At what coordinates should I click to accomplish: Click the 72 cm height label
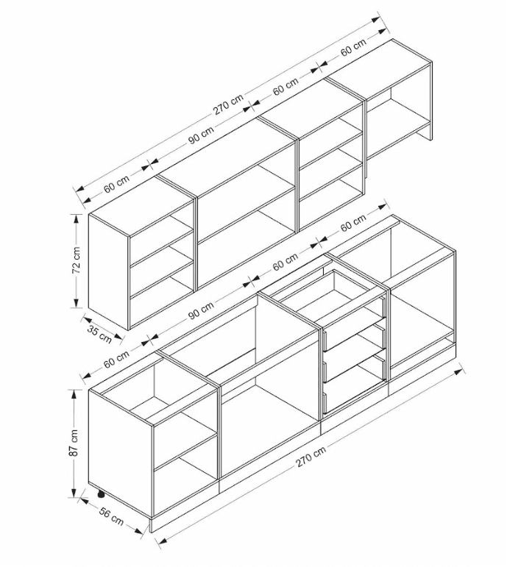pyautogui.click(x=76, y=260)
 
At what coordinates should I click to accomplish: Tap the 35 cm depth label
pyautogui.click(x=99, y=335)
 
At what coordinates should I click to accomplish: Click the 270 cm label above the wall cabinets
pyautogui.click(x=228, y=104)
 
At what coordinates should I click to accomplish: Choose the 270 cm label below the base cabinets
pyautogui.click(x=311, y=455)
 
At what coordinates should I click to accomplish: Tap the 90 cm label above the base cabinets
pyautogui.click(x=201, y=310)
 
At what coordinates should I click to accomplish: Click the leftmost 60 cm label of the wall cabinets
pyautogui.click(x=116, y=184)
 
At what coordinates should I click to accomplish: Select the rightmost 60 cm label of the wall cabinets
pyautogui.click(x=353, y=46)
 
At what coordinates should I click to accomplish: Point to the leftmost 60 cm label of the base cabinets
pyautogui.click(x=116, y=359)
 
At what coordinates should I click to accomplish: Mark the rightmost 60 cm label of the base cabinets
pyautogui.click(x=353, y=222)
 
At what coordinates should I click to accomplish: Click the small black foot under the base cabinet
pyautogui.click(x=101, y=493)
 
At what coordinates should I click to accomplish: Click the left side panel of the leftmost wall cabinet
pyautogui.click(x=109, y=271)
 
